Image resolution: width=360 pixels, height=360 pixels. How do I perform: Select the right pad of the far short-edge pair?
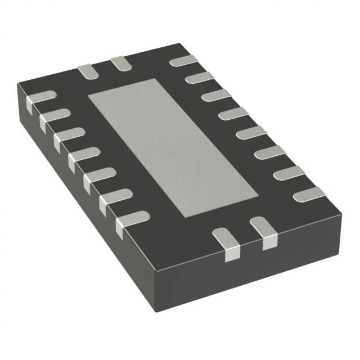click(x=120, y=64)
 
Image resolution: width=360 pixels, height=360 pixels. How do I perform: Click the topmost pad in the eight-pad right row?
click(x=184, y=61)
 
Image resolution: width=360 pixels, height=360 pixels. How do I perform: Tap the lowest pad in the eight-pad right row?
click(x=309, y=194)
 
